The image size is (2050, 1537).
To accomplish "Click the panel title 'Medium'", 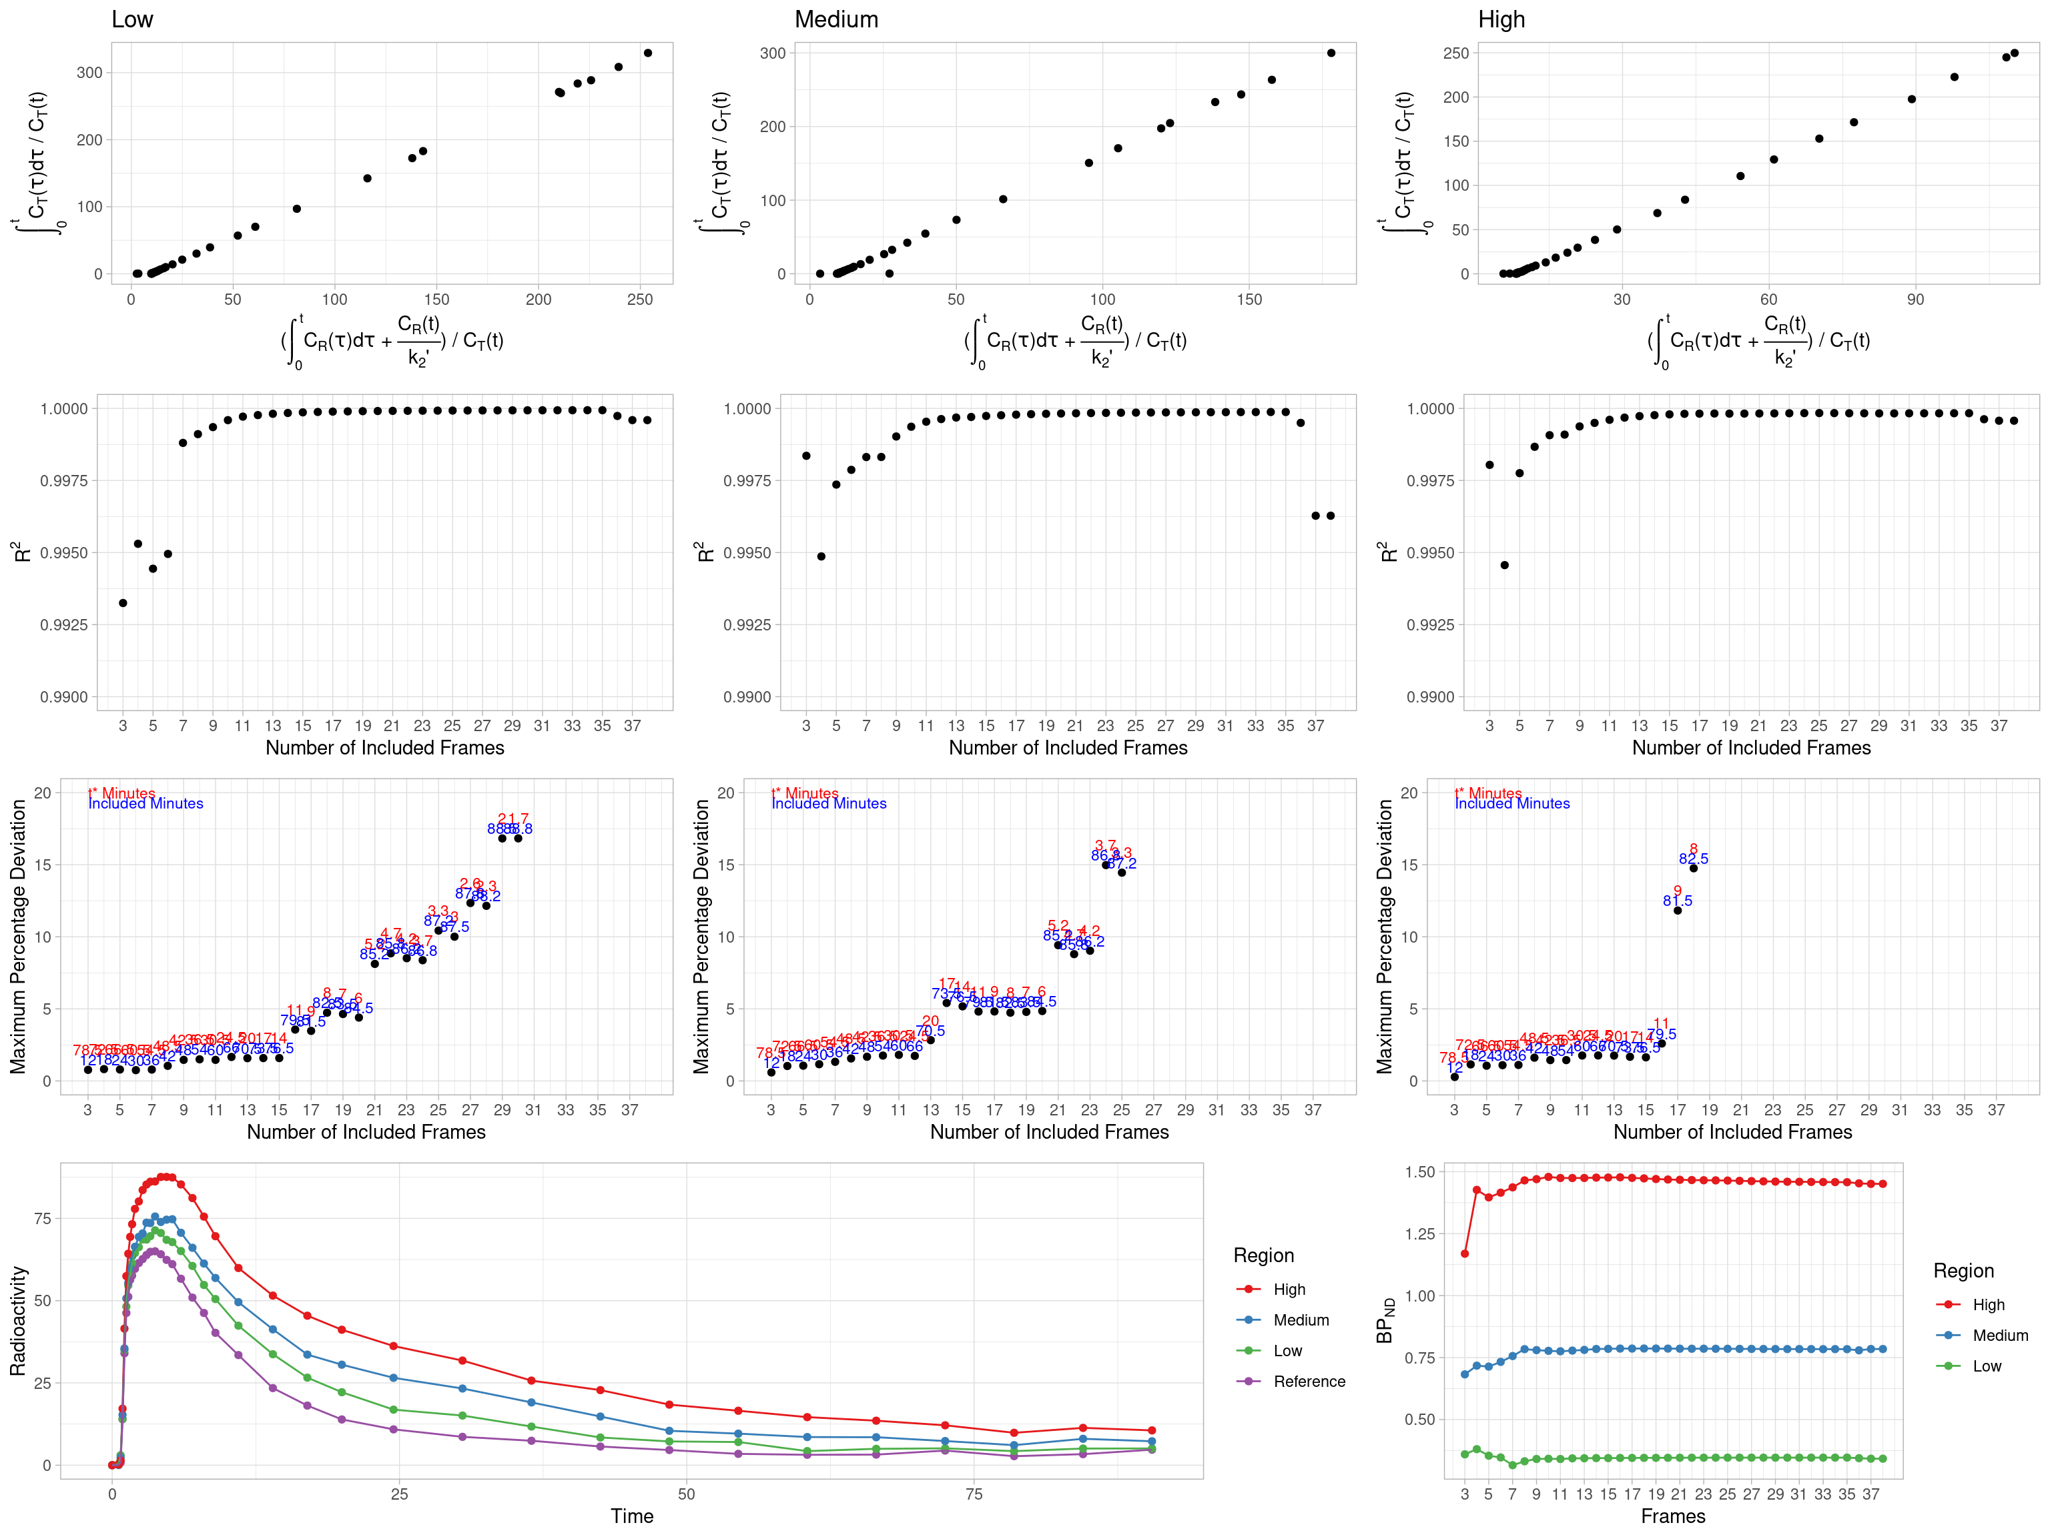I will (836, 19).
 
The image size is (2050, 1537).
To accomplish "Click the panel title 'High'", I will (1501, 19).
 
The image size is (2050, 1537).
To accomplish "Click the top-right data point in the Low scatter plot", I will (648, 53).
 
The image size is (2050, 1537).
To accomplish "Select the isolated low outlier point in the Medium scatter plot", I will (890, 274).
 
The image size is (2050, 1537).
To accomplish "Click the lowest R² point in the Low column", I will (123, 603).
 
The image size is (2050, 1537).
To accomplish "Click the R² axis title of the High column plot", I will (1388, 552).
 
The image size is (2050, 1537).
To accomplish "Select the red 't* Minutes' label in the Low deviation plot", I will (121, 793).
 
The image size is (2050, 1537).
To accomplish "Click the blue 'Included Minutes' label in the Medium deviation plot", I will (829, 803).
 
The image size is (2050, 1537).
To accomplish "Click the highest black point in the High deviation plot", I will (1693, 868).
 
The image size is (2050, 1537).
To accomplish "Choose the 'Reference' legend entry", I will (1309, 1382).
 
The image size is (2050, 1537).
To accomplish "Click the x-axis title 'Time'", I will (632, 1516).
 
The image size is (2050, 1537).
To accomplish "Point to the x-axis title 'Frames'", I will (1673, 1516).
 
